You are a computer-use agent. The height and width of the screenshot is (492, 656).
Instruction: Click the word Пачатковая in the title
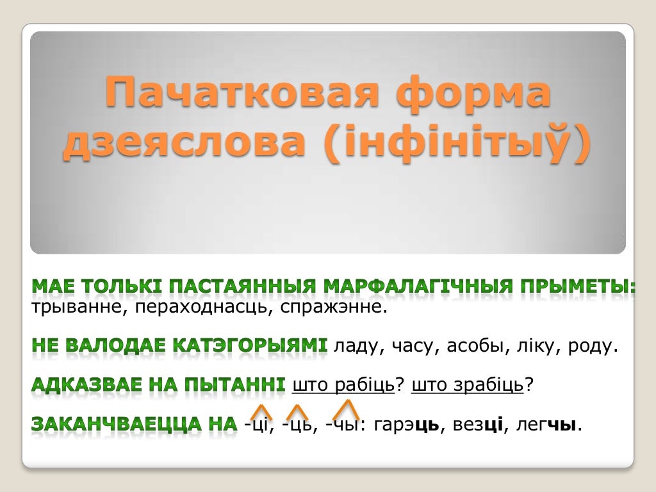point(242,92)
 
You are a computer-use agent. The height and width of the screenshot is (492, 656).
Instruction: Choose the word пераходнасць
point(203,307)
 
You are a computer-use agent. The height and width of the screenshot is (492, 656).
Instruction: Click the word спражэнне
point(333,307)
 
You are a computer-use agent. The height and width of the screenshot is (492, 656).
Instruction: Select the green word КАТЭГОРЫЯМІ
point(250,345)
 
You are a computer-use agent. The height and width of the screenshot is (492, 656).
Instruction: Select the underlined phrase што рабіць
point(343,385)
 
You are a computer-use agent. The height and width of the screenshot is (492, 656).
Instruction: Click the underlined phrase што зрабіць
point(467,385)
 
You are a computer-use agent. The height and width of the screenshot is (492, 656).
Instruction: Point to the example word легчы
point(546,425)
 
